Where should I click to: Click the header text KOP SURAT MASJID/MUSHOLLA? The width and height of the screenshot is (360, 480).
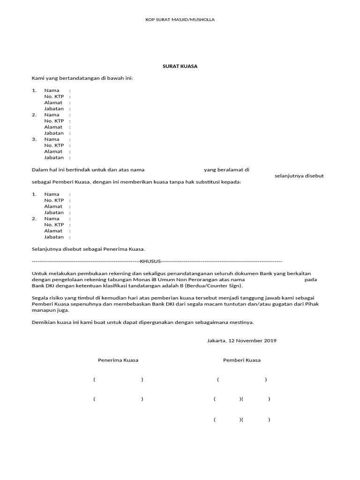click(180, 20)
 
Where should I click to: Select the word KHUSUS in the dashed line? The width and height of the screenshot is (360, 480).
click(150, 261)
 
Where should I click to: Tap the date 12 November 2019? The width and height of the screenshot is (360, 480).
click(252, 340)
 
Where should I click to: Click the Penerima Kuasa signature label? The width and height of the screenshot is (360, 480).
click(118, 360)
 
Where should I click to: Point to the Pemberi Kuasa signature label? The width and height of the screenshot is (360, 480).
click(242, 360)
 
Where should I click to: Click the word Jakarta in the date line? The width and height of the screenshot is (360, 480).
click(216, 340)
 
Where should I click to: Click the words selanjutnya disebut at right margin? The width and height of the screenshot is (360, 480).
click(299, 176)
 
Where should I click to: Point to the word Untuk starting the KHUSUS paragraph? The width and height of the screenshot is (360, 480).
click(39, 273)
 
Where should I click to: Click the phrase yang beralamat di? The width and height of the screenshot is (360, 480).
click(226, 170)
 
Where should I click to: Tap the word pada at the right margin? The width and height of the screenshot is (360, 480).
click(311, 279)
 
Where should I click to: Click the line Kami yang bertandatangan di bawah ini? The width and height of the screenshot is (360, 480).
click(82, 78)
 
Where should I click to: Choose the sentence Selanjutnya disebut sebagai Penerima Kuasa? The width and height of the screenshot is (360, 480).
click(89, 249)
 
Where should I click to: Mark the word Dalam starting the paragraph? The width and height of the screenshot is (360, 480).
click(39, 170)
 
